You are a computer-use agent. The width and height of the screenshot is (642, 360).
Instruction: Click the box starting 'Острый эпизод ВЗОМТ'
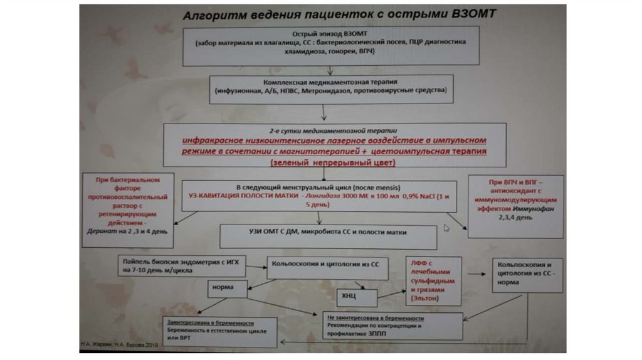point(330,45)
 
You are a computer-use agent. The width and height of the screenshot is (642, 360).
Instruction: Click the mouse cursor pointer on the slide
point(446,228)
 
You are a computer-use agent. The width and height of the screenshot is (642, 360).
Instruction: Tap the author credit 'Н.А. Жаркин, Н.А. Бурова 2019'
point(120,344)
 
